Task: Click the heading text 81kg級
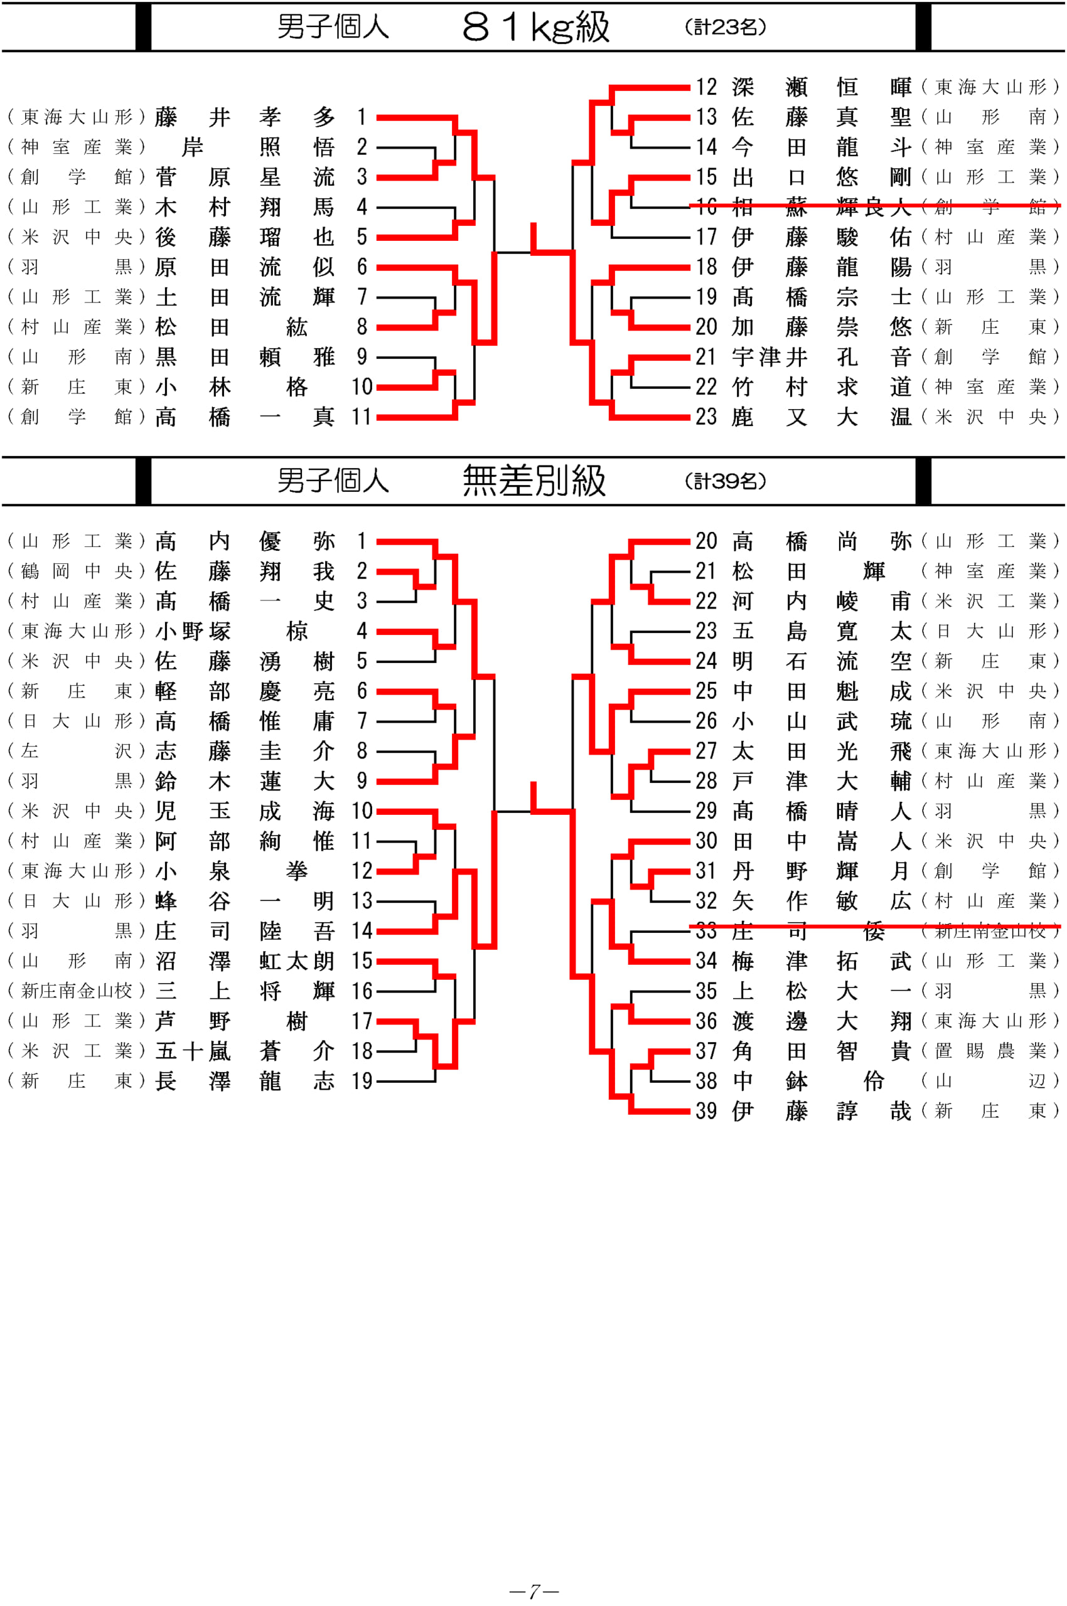tap(535, 27)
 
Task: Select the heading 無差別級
tap(534, 481)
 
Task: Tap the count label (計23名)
tap(726, 27)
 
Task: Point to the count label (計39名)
tap(726, 481)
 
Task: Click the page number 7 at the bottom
tap(534, 1591)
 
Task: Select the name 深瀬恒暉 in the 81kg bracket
tap(822, 87)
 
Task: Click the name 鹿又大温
tap(822, 417)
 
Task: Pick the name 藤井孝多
tap(245, 117)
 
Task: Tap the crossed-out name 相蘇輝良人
tap(822, 207)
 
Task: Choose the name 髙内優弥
tap(245, 541)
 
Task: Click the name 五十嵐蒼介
tap(245, 1051)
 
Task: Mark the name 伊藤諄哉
tap(822, 1111)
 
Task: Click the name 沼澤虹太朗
tap(245, 960)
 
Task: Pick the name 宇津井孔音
tap(822, 356)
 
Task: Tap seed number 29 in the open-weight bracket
tap(706, 811)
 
